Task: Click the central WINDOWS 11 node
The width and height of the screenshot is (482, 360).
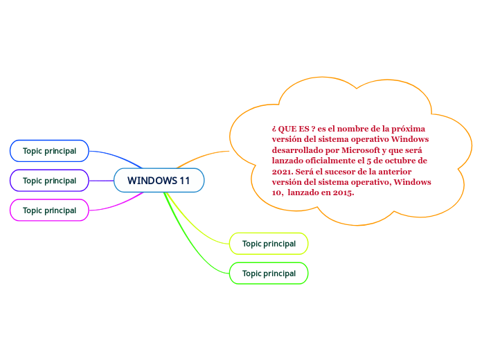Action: (x=159, y=181)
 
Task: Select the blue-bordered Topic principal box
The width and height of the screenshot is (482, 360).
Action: (x=49, y=151)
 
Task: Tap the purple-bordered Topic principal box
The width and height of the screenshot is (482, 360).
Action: (x=49, y=181)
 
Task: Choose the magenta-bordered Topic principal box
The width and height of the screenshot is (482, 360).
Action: (x=49, y=210)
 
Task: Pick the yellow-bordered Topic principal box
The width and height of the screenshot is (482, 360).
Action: (x=269, y=244)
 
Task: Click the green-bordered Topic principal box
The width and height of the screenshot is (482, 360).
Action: (x=269, y=273)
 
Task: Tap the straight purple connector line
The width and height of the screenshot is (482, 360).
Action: (x=101, y=181)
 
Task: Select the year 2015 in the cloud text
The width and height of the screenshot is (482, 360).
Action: (x=343, y=192)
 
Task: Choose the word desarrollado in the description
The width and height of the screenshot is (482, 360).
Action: (x=298, y=150)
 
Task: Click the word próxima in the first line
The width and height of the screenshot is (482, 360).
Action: (x=409, y=129)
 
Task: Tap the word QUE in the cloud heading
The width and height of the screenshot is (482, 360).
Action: (x=289, y=129)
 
